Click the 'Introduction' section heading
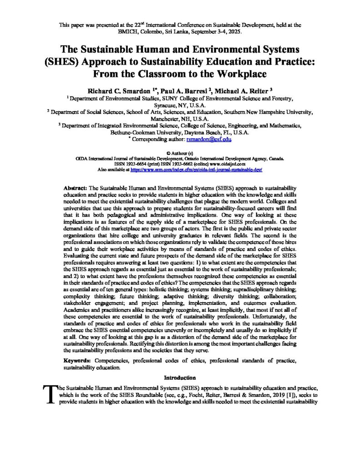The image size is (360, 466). [180, 377]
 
